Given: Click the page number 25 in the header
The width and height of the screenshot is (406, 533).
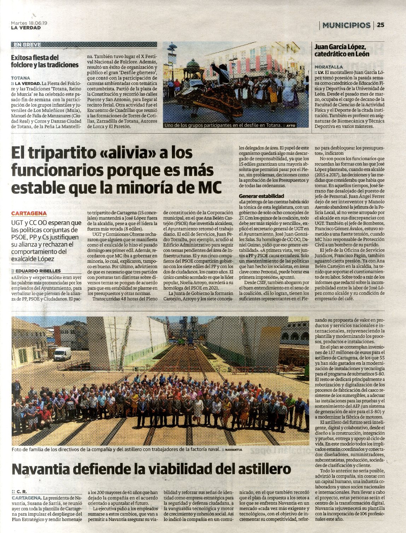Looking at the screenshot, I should (381, 25).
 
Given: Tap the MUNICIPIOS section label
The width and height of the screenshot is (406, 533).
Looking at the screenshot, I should (346, 25).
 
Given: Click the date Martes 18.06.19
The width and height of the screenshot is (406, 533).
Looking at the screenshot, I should (29, 23).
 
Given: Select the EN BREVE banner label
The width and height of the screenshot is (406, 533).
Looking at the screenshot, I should (28, 45).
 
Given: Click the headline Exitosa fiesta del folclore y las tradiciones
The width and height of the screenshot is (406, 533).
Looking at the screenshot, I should (45, 61).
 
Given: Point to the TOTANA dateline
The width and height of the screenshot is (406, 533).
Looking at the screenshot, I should (21, 78).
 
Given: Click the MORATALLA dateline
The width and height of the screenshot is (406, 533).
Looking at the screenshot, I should (329, 67).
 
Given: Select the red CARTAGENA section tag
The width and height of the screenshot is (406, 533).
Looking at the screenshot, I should (29, 213).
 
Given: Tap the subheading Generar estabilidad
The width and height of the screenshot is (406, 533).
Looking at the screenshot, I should (261, 196).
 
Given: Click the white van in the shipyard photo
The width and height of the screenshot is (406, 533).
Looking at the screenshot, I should (62, 353).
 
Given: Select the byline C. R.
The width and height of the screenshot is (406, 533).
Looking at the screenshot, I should (21, 492).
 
